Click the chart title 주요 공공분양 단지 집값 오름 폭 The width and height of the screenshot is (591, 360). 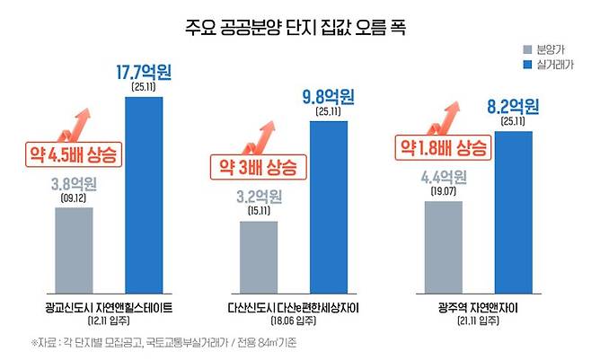[295, 27]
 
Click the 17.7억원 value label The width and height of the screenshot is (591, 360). [144, 71]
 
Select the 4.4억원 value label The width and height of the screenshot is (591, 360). [443, 175]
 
